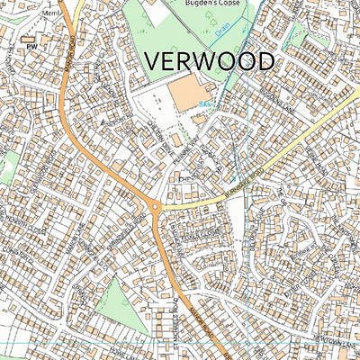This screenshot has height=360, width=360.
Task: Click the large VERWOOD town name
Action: (x=209, y=62)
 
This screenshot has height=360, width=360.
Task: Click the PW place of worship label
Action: (x=32, y=45)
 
